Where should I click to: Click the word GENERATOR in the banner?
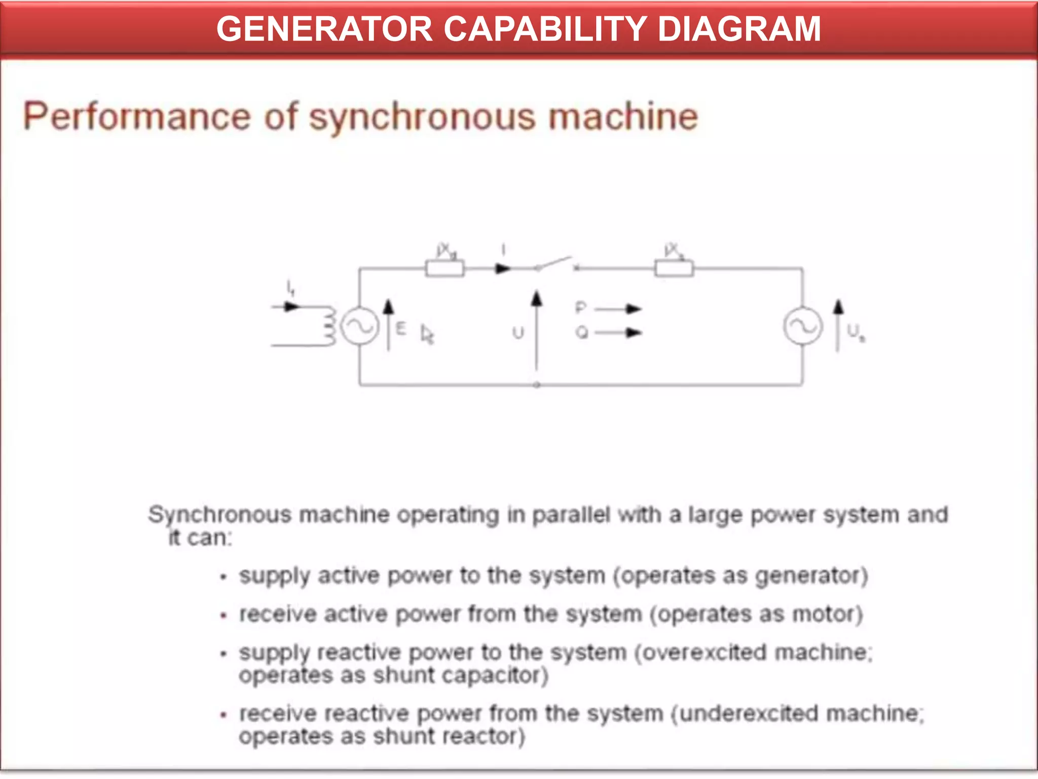(324, 28)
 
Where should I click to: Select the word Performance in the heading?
(137, 117)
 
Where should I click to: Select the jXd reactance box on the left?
(444, 268)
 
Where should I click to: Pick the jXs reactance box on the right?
(674, 268)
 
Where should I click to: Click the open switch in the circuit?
(555, 264)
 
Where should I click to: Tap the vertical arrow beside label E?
(388, 325)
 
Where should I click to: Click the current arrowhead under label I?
(503, 268)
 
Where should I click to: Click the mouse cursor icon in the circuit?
(427, 335)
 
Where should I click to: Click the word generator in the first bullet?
(808, 576)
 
